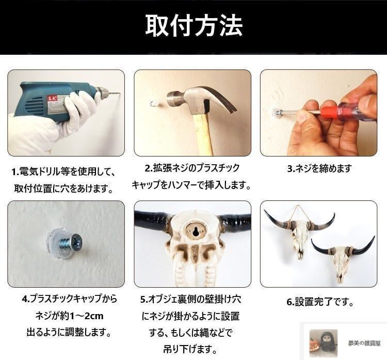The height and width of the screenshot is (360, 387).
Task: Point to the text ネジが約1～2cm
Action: click(x=66, y=315)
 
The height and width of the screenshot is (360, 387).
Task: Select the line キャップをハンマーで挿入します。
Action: click(x=191, y=184)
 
